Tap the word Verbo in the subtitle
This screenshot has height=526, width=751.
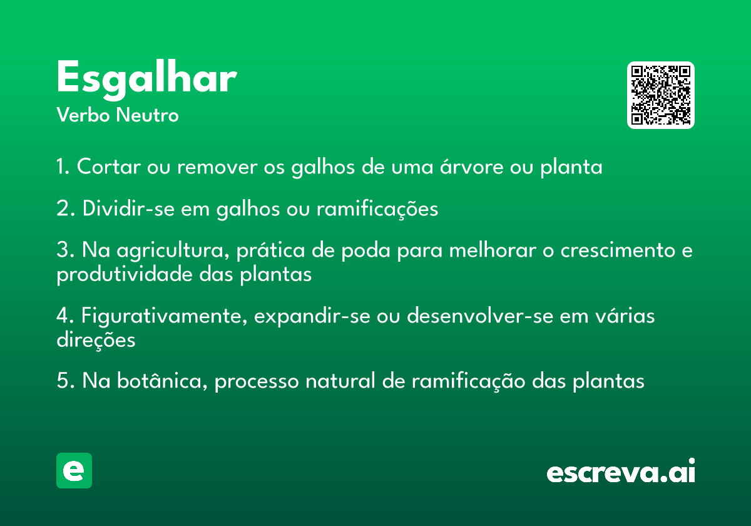pos(83,115)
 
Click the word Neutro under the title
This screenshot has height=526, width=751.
pos(147,115)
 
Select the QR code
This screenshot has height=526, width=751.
pos(660,95)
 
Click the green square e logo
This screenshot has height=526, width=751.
pos(74,470)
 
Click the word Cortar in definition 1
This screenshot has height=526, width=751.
pos(109,167)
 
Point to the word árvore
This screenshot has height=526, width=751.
pos(471,166)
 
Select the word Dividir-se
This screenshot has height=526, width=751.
pos(128,209)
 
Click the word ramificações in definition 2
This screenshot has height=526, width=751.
pos(377,209)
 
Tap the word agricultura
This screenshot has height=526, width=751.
pos(173,251)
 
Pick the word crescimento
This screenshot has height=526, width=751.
pos(618,250)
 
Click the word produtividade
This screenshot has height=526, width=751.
pos(124,275)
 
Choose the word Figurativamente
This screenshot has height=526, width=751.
pos(164,316)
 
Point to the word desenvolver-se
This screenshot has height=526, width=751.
pos(480,316)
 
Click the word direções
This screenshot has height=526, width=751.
pos(96,340)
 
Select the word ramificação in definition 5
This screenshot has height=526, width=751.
pos(468,381)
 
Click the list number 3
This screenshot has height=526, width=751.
pos(63,250)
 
